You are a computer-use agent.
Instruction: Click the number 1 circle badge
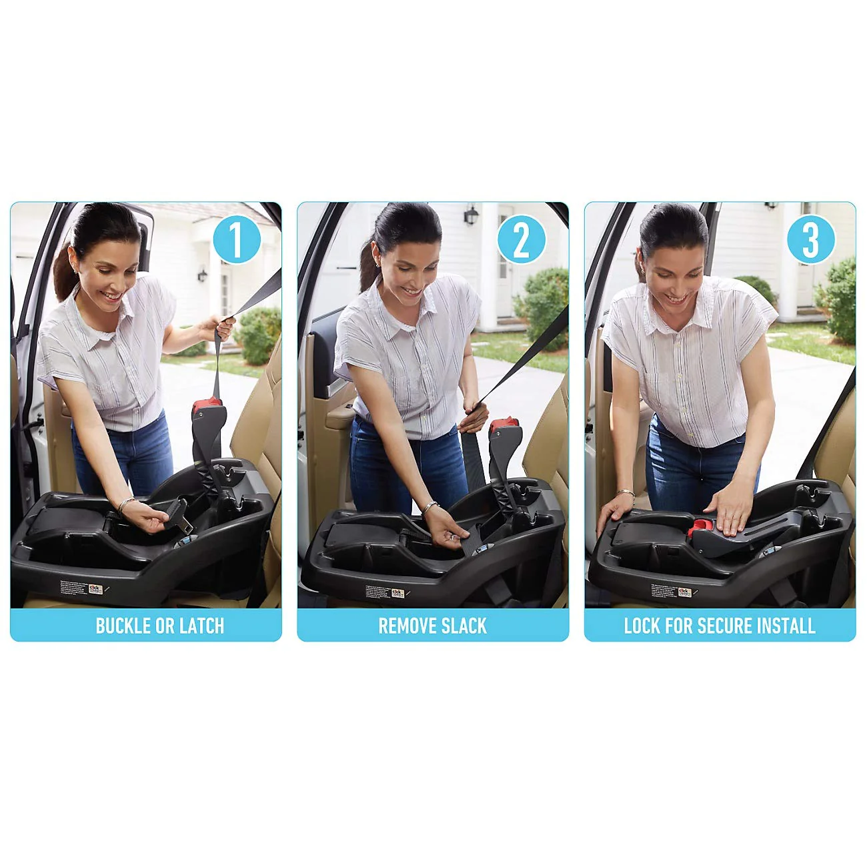click(236, 240)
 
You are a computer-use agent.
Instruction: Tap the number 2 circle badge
click(522, 240)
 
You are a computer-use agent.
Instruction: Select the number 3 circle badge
click(810, 240)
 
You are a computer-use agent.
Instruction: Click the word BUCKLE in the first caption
click(123, 626)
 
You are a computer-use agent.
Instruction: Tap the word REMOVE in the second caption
click(403, 626)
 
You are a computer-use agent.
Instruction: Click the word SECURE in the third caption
click(730, 626)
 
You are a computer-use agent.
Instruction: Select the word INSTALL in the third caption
click(790, 626)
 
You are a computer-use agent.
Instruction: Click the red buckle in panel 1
click(207, 405)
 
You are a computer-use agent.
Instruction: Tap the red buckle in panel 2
click(504, 425)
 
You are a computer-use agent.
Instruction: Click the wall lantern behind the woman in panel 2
click(471, 215)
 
